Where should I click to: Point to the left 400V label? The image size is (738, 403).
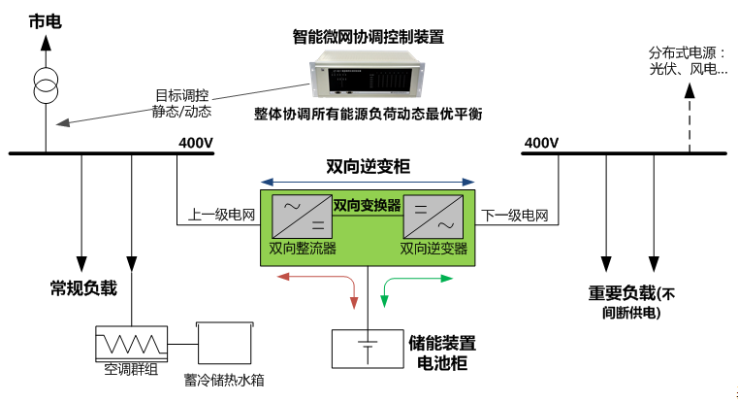[195, 144]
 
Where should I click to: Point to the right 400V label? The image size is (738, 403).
[541, 144]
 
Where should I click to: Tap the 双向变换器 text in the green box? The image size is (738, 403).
[368, 205]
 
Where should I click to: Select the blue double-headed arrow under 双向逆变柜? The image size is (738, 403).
[369, 182]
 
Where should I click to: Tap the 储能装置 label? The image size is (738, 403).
[442, 343]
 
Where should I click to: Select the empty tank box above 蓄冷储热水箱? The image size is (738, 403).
[226, 343]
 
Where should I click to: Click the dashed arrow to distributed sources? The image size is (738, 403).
[690, 117]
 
